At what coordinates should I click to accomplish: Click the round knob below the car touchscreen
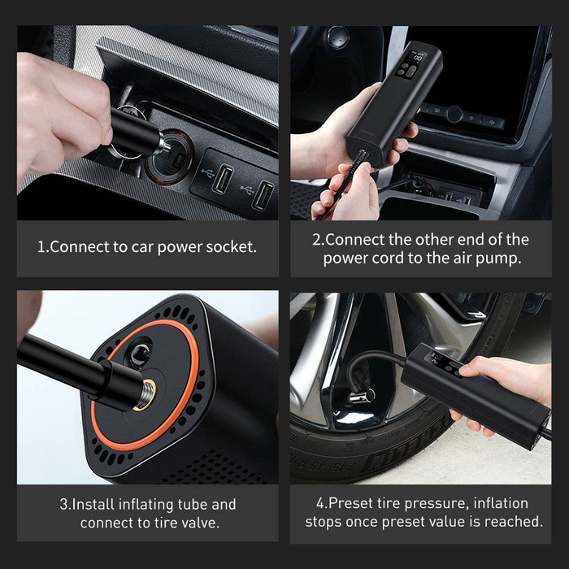[x=454, y=114]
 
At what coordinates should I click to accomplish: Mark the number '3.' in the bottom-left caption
[x=65, y=505]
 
